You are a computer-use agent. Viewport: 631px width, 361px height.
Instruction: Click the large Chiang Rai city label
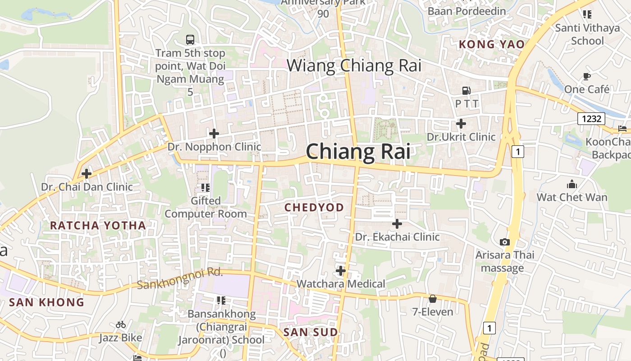point(358,151)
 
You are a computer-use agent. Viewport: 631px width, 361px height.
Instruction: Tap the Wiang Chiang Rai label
point(354,65)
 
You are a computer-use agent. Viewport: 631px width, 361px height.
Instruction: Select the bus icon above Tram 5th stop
point(190,40)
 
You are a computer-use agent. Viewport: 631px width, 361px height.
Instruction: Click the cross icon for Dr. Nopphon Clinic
point(214,133)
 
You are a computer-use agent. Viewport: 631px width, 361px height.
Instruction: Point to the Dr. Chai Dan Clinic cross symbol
point(87,173)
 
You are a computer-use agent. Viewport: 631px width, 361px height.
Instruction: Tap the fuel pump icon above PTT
point(466,91)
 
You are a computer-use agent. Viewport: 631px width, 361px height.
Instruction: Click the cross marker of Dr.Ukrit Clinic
point(461,123)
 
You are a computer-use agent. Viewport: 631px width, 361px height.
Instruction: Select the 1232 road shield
point(591,119)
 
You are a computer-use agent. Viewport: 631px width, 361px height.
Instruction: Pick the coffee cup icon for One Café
point(586,76)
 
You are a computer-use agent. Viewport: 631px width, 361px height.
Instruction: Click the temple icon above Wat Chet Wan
point(572,184)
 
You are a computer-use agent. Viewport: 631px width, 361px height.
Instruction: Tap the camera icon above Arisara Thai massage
point(505,242)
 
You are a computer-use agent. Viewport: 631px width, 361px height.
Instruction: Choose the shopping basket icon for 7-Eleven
point(433,298)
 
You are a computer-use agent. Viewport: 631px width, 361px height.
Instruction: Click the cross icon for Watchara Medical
point(341,271)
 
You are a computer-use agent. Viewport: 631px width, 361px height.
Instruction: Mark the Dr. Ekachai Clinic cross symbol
point(397,223)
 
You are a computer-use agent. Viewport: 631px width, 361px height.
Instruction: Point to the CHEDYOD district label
point(314,208)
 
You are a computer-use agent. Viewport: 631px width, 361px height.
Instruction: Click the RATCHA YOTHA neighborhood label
point(98,226)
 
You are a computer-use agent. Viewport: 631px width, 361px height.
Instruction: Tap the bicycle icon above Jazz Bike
point(120,324)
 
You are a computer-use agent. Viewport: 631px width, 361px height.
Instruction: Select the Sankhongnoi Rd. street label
point(180,279)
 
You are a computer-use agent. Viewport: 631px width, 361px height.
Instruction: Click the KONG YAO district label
point(491,44)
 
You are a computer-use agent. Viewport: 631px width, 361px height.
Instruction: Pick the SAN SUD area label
point(310,333)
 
